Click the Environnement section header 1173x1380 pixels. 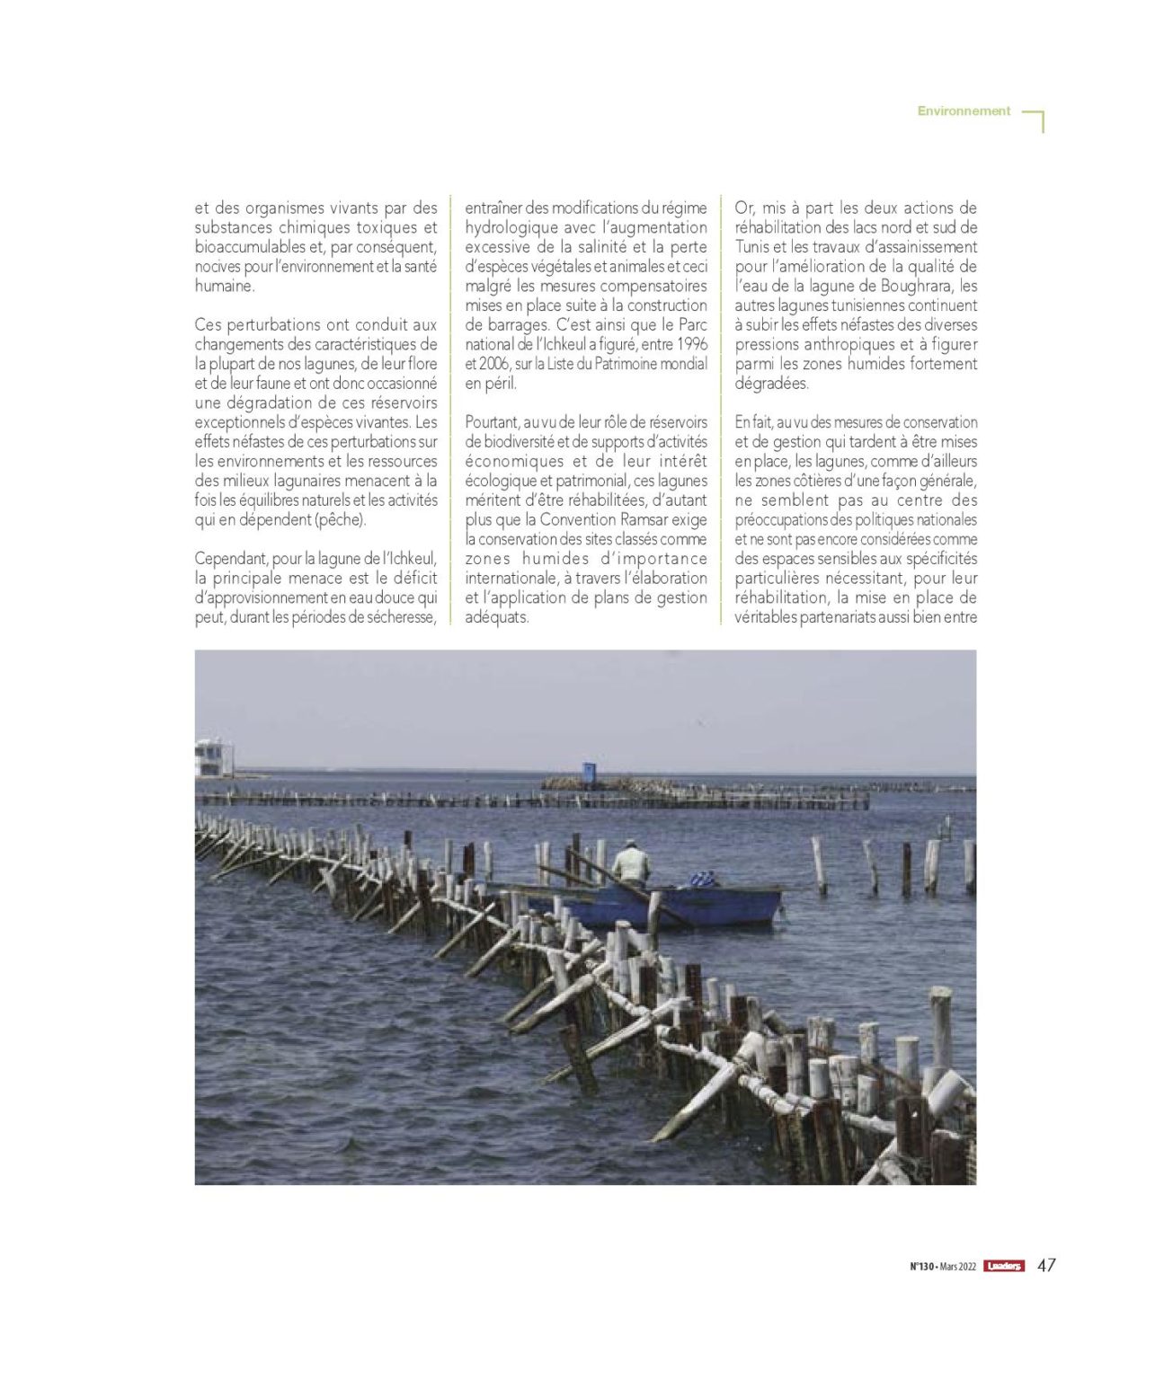click(964, 111)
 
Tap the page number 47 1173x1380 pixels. click(1046, 1265)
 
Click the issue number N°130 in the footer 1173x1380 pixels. click(922, 1266)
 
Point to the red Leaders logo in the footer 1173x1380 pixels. click(1003, 1266)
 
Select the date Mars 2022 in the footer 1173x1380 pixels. click(958, 1266)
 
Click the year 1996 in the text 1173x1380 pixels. click(691, 345)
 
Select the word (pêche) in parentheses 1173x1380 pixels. click(342, 520)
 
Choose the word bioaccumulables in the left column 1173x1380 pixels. click(252, 248)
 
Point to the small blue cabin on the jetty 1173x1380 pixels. click(589, 771)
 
